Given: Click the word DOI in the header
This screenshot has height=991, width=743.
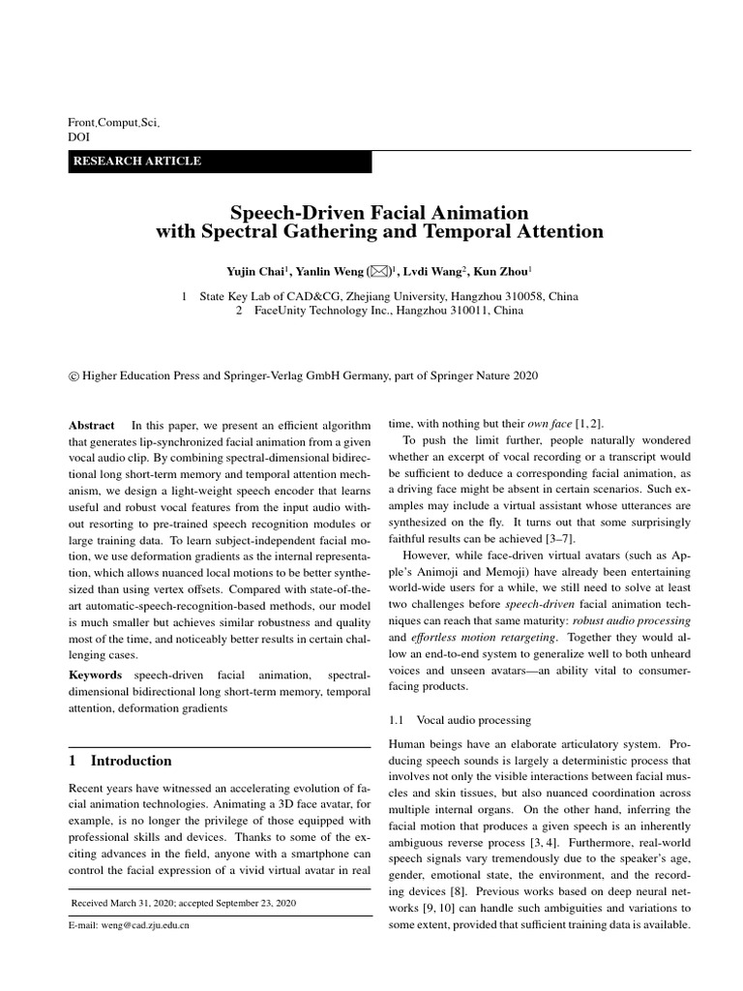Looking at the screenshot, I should (78, 137).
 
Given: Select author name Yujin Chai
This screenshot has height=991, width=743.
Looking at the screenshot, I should (254, 272).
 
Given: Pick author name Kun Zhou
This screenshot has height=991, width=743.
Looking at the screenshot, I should (501, 272).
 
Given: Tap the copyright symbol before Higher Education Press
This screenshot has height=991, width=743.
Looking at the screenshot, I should (74, 375).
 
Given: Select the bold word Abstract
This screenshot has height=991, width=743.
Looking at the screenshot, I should (91, 425).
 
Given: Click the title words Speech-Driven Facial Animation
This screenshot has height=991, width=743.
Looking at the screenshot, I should (379, 212).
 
